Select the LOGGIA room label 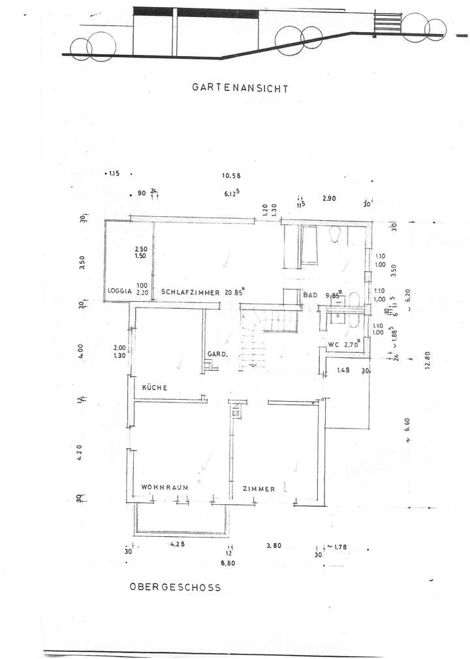tap(120, 292)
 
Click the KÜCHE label tap(155, 388)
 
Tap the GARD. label tap(217, 355)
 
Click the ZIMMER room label tap(258, 489)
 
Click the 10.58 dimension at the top tap(232, 175)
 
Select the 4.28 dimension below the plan tap(178, 543)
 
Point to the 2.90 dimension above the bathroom tap(328, 197)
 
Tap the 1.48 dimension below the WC tap(344, 370)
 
